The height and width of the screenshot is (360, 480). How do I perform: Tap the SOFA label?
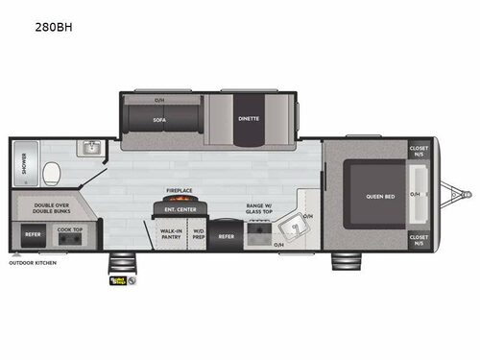(159, 119)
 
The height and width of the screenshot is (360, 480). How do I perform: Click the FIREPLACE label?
(179, 190)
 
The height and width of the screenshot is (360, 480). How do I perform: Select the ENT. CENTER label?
(179, 208)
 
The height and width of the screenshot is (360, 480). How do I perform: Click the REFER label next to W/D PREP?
(226, 235)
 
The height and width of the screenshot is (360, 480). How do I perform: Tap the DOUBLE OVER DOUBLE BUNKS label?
(44, 208)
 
